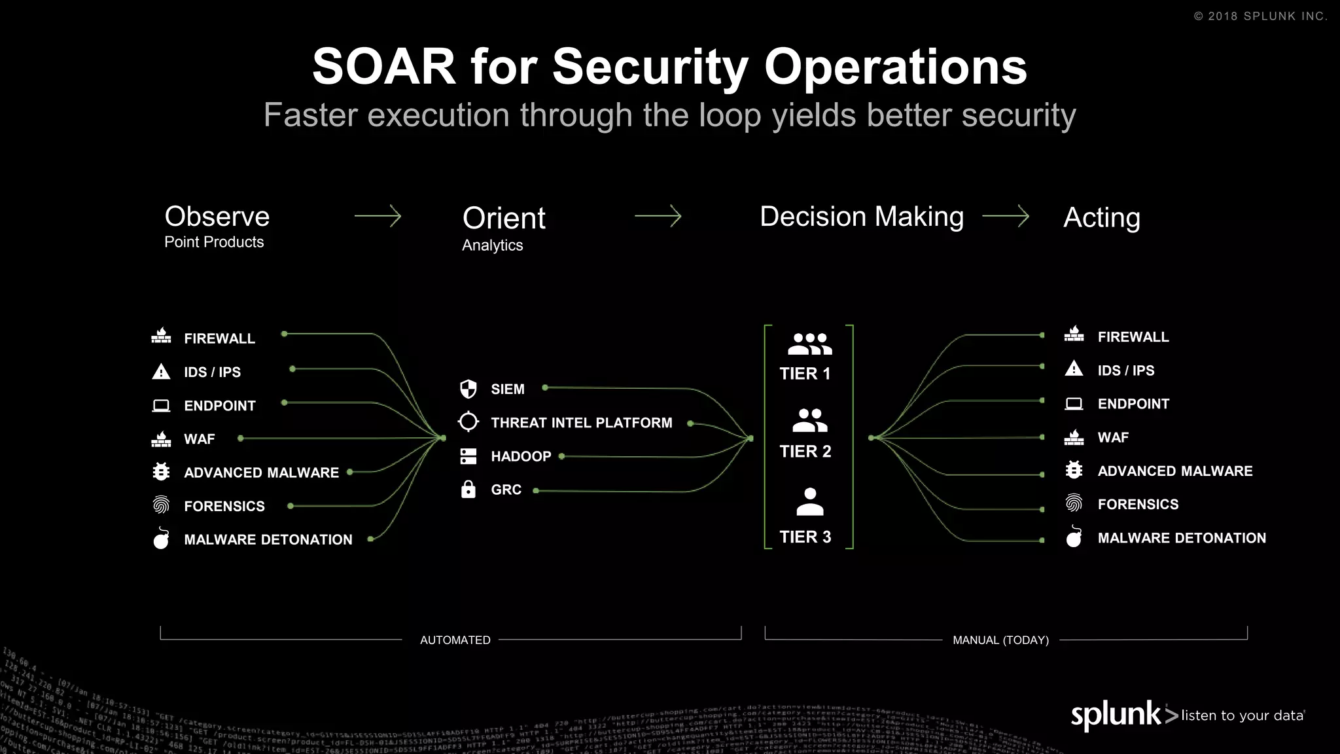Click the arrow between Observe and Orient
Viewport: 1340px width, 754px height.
click(378, 216)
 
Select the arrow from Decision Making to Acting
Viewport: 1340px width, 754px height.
click(1006, 216)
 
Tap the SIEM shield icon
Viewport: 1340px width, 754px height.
click(468, 389)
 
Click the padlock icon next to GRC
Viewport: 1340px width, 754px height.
click(468, 489)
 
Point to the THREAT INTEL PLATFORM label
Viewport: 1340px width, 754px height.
click(581, 423)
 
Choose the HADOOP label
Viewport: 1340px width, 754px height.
click(521, 456)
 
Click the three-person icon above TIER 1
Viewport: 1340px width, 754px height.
click(809, 344)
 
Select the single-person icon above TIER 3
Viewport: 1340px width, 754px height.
click(809, 502)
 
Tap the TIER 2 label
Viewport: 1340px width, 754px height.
click(805, 452)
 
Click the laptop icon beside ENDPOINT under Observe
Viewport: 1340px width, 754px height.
click(161, 406)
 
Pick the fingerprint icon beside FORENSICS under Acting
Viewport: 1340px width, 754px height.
click(1074, 503)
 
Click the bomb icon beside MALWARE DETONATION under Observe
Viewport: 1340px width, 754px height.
click(161, 538)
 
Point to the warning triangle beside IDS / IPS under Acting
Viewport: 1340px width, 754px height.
click(1074, 369)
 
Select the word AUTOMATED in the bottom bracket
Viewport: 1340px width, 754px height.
click(455, 640)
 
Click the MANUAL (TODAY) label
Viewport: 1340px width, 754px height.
click(1000, 640)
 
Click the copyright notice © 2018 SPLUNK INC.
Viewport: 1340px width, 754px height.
click(1260, 16)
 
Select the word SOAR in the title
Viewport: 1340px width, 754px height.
click(384, 67)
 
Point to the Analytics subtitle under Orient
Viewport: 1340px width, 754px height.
click(492, 245)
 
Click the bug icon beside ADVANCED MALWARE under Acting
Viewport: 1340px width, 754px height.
click(1074, 470)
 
